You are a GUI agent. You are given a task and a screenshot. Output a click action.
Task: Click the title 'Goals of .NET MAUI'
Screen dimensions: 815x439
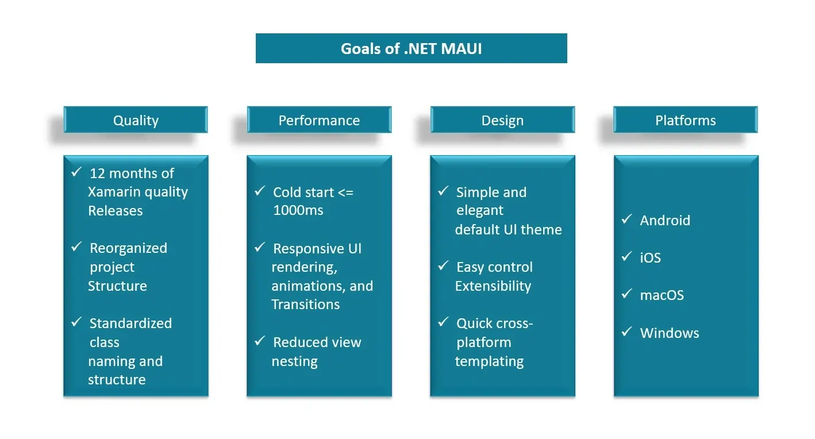pyautogui.click(x=411, y=49)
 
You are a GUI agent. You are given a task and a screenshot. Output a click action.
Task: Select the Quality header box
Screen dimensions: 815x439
pyautogui.click(x=136, y=120)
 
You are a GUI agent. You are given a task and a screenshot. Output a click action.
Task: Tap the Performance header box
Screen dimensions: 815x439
pyautogui.click(x=319, y=120)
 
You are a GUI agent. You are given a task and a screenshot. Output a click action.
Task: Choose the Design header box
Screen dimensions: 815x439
pyautogui.click(x=502, y=120)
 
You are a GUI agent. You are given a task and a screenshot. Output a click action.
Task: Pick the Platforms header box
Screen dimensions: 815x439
pyautogui.click(x=686, y=120)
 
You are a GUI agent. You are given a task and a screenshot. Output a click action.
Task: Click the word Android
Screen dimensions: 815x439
pyautogui.click(x=665, y=221)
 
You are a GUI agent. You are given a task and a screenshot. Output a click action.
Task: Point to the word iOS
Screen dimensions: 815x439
pyautogui.click(x=650, y=258)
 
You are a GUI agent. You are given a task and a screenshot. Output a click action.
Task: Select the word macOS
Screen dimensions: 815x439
pyautogui.click(x=662, y=295)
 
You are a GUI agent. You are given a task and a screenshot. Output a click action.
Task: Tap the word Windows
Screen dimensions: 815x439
pyautogui.click(x=670, y=333)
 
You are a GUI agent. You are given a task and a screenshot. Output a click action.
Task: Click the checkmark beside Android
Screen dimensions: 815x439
pyautogui.click(x=626, y=219)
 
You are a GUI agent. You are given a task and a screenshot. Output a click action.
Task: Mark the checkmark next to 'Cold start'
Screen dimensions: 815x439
pyautogui.click(x=260, y=191)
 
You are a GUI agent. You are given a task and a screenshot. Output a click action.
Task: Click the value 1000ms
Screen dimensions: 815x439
pyautogui.click(x=298, y=210)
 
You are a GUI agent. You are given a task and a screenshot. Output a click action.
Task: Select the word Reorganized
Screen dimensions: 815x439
pyautogui.click(x=128, y=248)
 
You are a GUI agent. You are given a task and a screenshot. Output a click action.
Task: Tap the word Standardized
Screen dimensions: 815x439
pyautogui.click(x=130, y=324)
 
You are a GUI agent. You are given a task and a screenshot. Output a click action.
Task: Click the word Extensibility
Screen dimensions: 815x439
pyautogui.click(x=493, y=286)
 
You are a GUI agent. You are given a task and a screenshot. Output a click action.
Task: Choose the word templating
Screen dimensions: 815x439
pyautogui.click(x=489, y=361)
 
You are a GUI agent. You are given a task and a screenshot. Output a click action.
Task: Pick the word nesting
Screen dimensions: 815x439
pyautogui.click(x=295, y=361)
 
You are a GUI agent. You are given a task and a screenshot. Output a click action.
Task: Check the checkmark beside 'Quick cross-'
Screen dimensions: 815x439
pyautogui.click(x=443, y=322)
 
